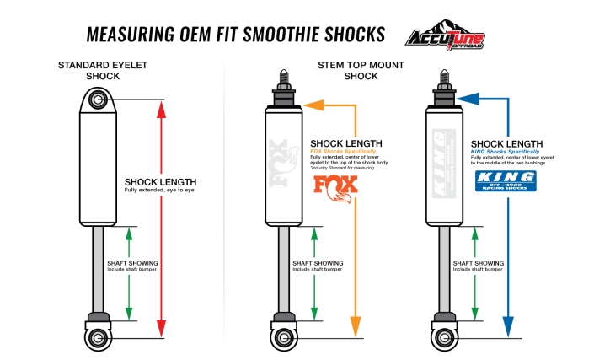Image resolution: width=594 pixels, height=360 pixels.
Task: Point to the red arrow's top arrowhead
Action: (x=162, y=106)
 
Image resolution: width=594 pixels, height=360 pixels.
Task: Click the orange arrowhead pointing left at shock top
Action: (x=313, y=105)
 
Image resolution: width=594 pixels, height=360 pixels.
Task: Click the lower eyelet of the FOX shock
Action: (x=284, y=338)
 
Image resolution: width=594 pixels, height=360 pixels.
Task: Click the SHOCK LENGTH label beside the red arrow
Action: (x=159, y=182)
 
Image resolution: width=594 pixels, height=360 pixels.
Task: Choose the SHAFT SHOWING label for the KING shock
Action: (x=478, y=263)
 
